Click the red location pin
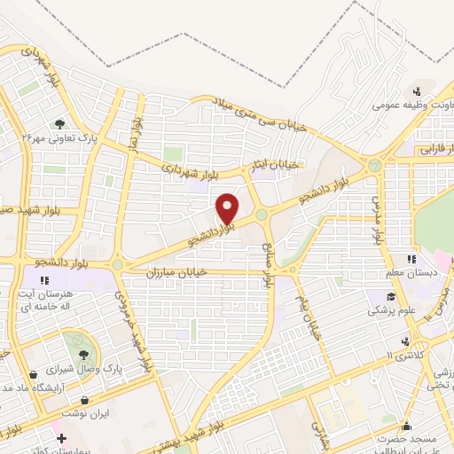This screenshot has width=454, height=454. click(x=228, y=207)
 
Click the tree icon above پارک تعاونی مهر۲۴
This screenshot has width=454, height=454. click(x=59, y=125)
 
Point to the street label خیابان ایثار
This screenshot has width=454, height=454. click(x=274, y=164)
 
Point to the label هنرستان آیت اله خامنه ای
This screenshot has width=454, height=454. click(x=56, y=299)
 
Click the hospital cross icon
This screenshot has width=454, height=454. click(x=61, y=439)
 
